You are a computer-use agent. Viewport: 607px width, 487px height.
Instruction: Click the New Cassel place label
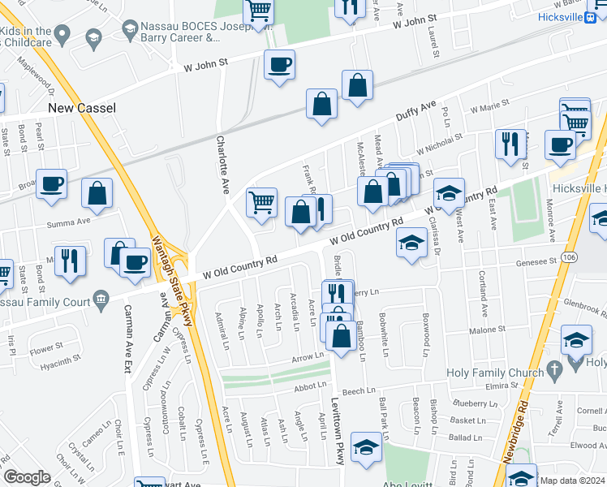pyautogui.click(x=81, y=108)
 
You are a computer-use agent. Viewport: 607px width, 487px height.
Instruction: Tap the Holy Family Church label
pyautogui.click(x=494, y=374)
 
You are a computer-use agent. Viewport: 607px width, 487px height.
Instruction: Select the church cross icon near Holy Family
pyautogui.click(x=554, y=371)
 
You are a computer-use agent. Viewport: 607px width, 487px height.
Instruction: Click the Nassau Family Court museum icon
pyautogui.click(x=101, y=299)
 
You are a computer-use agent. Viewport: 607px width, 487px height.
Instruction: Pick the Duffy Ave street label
pyautogui.click(x=416, y=111)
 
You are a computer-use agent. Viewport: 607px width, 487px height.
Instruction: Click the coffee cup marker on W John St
pyautogui.click(x=279, y=64)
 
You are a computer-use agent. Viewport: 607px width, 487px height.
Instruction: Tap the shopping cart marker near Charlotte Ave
pyautogui.click(x=261, y=202)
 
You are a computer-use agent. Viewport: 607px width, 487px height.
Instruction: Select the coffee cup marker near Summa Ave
pyautogui.click(x=51, y=183)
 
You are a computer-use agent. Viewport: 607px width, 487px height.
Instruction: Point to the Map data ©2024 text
pyautogui.click(x=573, y=481)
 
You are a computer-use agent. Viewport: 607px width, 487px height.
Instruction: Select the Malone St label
pyautogui.click(x=487, y=330)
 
